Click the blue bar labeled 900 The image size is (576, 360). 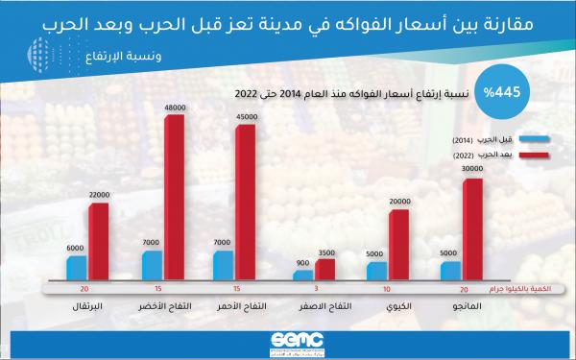[303, 276]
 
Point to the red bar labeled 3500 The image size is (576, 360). [326, 270]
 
